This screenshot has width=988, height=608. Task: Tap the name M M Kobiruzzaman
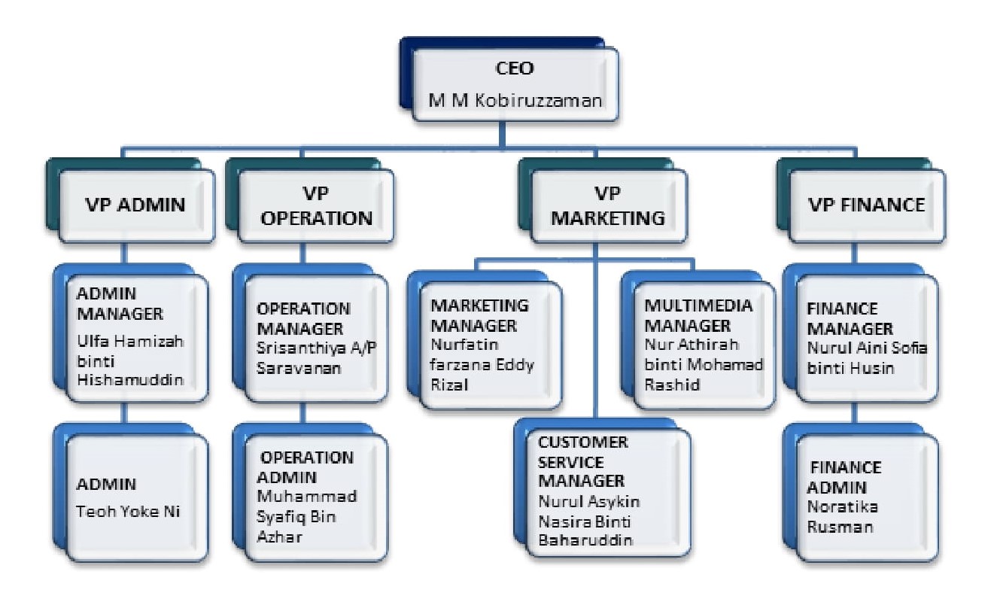(x=516, y=99)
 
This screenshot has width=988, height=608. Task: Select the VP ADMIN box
(x=131, y=204)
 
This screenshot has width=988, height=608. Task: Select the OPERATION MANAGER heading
(x=304, y=318)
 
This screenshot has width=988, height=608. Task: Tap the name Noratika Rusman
(x=841, y=516)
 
